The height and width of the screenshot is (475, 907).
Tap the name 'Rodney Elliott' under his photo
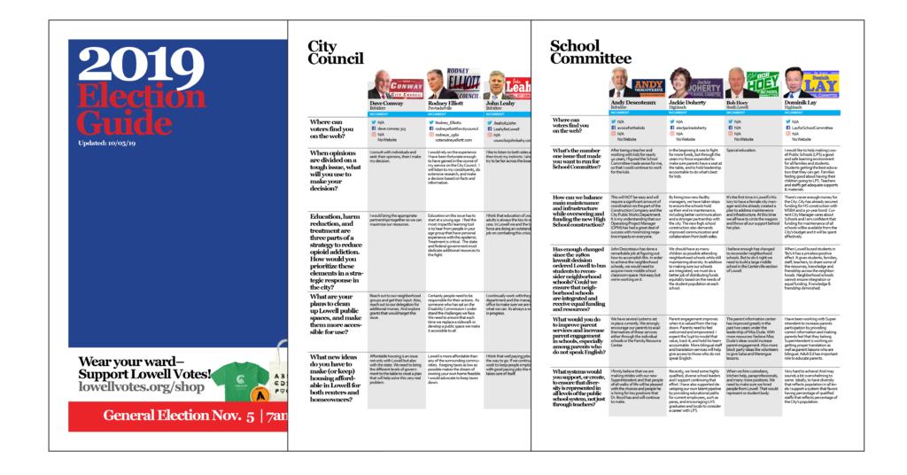tap(446, 104)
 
